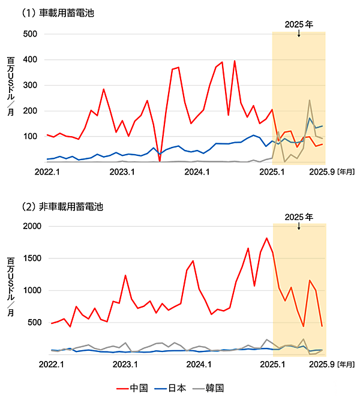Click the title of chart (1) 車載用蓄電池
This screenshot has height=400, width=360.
(58, 11)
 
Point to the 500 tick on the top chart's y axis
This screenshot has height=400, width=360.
(31, 34)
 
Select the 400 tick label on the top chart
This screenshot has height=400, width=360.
(31, 60)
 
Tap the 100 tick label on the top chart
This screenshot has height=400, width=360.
(31, 137)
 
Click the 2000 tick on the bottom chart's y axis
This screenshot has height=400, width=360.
(29, 227)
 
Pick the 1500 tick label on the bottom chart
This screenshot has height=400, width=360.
(29, 258)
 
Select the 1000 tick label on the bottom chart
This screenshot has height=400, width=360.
(29, 291)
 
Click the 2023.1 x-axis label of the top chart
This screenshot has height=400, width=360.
(122, 172)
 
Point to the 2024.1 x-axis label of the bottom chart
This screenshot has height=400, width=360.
(197, 364)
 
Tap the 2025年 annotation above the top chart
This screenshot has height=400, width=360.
(299, 25)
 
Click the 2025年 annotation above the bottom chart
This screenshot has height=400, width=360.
(299, 216)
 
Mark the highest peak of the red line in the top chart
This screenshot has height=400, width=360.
(235, 61)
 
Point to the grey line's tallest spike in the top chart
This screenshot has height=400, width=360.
(310, 100)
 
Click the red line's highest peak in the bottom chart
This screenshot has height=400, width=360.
(266, 238)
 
